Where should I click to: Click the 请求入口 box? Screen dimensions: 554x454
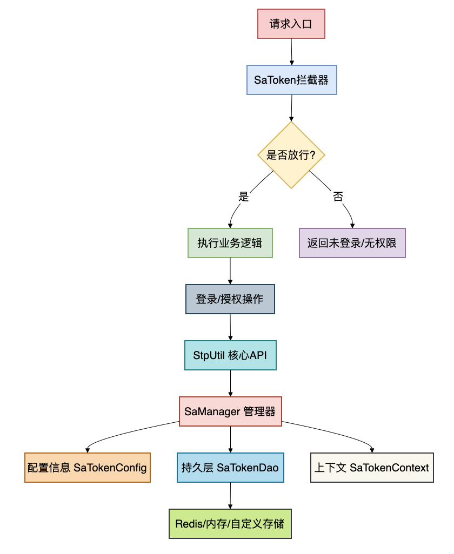(291, 24)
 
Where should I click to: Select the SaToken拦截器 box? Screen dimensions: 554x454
(292, 80)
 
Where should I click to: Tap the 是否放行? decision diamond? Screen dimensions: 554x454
(291, 155)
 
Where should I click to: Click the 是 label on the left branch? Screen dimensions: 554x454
(244, 197)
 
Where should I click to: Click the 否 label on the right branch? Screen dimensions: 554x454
(338, 197)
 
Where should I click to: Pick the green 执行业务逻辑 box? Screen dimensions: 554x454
(230, 243)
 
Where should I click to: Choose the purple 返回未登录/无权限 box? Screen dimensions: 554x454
(352, 243)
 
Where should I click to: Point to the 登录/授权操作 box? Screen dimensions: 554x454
(230, 299)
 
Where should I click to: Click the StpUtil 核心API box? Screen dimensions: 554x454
(230, 355)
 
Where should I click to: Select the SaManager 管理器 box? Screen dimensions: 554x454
(230, 411)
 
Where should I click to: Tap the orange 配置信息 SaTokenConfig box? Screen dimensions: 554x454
(87, 468)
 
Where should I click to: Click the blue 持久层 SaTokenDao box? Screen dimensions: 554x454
(230, 468)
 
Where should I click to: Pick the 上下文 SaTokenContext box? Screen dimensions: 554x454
(372, 468)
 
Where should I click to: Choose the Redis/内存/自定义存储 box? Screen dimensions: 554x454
(230, 524)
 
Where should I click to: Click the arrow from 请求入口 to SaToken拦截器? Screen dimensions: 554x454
(291, 52)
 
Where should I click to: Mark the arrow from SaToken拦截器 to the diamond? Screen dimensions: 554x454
(292, 108)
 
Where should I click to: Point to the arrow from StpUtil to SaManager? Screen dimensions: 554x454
(230, 383)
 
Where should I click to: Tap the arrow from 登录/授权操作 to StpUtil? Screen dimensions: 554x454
(230, 327)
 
